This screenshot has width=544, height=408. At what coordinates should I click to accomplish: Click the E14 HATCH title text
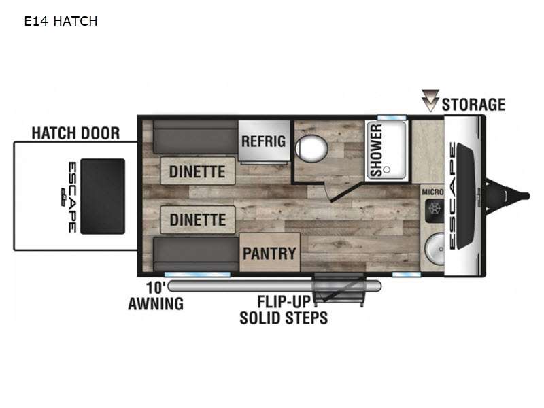[61, 22]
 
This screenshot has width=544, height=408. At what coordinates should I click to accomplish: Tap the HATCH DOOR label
[75, 133]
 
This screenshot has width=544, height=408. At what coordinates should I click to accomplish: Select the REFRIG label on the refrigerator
[264, 141]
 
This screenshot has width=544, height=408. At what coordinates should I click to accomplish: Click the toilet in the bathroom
[311, 148]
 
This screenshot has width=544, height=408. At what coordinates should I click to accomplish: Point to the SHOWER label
[377, 150]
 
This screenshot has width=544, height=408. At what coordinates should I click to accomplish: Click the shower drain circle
[387, 169]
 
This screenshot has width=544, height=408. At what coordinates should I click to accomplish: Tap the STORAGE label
[473, 105]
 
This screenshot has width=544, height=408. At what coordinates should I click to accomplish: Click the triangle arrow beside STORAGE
[430, 100]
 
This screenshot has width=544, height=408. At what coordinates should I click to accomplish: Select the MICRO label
[432, 192]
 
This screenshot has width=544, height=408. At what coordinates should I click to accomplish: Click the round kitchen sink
[435, 249]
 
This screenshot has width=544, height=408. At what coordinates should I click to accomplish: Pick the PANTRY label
[269, 253]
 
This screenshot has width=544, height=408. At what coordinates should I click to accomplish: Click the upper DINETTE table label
[197, 171]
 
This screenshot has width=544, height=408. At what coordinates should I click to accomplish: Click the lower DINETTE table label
[198, 220]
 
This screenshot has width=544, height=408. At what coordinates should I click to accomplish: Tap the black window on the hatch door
[103, 197]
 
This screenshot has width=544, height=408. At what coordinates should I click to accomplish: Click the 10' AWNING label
[156, 296]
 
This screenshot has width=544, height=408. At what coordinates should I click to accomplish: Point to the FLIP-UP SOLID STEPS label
[284, 310]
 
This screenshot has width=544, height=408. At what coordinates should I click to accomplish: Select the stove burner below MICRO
[435, 209]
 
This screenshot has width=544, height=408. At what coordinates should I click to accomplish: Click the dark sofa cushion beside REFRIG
[196, 137]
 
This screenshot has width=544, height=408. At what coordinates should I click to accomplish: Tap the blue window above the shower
[392, 117]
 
